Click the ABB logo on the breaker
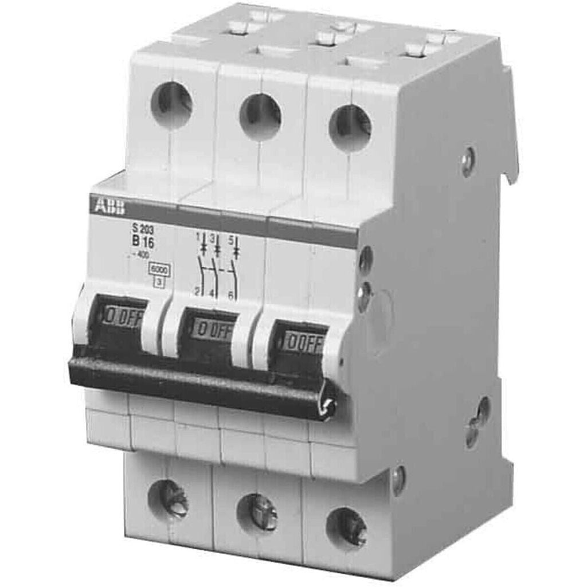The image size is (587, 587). click(107, 206)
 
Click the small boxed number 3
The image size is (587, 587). click(155, 280)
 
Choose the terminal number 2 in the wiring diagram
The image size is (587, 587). click(197, 292)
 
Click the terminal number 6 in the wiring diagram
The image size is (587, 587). click(230, 295)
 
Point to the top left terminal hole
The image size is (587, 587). click(171, 105)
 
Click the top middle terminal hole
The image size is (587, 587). click(260, 116)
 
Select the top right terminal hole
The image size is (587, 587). click(350, 128)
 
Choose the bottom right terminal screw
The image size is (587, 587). click(347, 526)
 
